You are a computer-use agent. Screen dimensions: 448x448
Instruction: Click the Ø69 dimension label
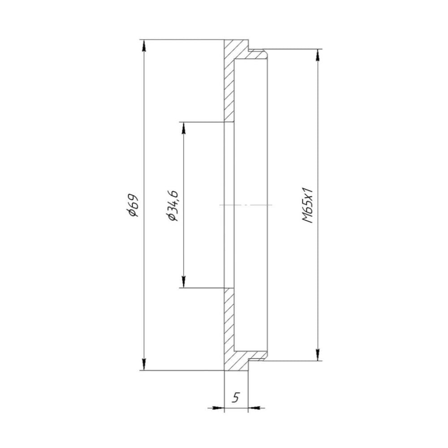click(134, 205)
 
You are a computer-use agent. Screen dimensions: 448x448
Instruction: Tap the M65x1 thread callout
click(308, 205)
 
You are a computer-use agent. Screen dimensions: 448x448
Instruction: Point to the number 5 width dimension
click(236, 397)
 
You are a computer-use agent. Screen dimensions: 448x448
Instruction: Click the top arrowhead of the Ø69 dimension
click(144, 46)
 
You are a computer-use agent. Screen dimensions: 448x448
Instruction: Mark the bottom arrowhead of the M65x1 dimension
click(318, 354)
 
